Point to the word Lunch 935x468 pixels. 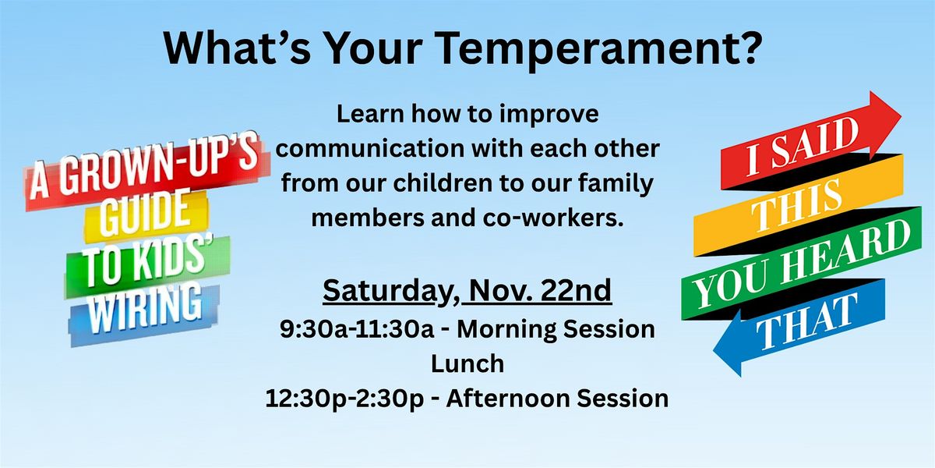pos(467,363)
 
